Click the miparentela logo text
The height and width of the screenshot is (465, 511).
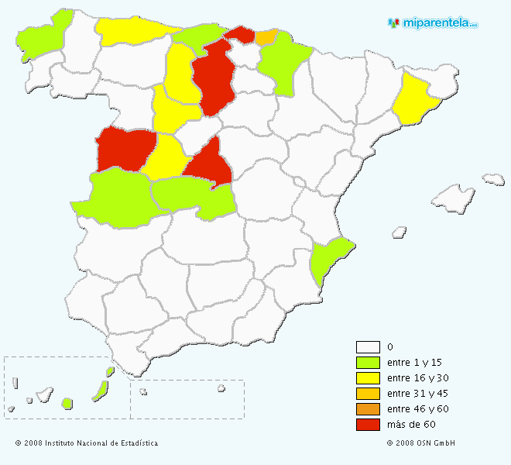pyautogui.click(x=438, y=22)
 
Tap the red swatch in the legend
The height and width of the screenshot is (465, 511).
pyautogui.click(x=368, y=425)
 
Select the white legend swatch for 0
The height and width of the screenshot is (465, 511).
pyautogui.click(x=368, y=347)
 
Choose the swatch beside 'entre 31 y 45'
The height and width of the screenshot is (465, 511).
pyautogui.click(x=368, y=394)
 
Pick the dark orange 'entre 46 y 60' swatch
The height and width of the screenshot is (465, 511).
pyautogui.click(x=368, y=409)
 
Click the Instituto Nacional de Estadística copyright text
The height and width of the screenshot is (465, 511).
pyautogui.click(x=87, y=443)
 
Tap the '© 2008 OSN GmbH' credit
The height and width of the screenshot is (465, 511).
pyautogui.click(x=420, y=443)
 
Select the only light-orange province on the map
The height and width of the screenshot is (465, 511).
pyautogui.click(x=266, y=36)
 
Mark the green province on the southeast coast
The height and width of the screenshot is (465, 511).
pyautogui.click(x=328, y=258)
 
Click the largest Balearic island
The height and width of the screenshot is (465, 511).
pyautogui.click(x=453, y=198)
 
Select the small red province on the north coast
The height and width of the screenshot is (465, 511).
pyautogui.click(x=240, y=33)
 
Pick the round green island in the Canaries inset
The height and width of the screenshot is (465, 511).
pyautogui.click(x=67, y=403)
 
